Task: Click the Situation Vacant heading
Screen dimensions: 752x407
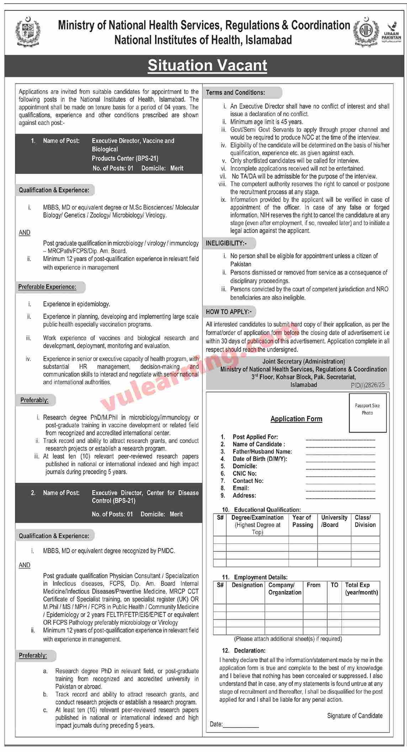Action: click(207, 65)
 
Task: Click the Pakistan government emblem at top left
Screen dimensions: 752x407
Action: click(28, 32)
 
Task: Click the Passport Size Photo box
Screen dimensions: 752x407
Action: click(368, 412)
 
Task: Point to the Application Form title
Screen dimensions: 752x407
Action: click(296, 419)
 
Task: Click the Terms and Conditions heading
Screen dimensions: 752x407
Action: click(236, 92)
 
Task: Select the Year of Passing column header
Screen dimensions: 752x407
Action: click(303, 521)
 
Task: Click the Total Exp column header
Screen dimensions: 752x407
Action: click(361, 589)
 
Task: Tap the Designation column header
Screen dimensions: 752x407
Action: click(247, 585)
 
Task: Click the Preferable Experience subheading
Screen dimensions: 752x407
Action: click(47, 287)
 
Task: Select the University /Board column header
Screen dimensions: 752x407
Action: click(334, 521)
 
